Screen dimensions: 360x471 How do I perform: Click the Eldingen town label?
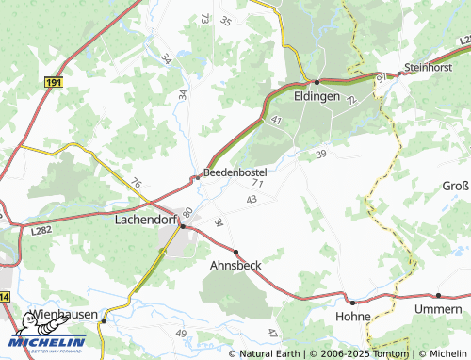(315, 97)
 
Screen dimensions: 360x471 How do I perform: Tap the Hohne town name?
(352, 318)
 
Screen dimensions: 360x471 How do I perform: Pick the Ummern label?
(437, 309)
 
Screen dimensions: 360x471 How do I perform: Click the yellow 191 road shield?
(54, 84)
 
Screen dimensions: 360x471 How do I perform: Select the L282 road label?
(41, 229)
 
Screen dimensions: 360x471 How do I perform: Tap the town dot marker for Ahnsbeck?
(235, 252)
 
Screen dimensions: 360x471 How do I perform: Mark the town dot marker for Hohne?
(352, 303)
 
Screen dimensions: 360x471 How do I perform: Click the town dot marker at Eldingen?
(317, 82)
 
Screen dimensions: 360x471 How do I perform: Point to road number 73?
(204, 18)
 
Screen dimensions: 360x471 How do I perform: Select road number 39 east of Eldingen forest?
(321, 154)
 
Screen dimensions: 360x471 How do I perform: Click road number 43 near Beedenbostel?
(252, 199)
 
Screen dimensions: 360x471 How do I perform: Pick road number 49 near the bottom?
(181, 333)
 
